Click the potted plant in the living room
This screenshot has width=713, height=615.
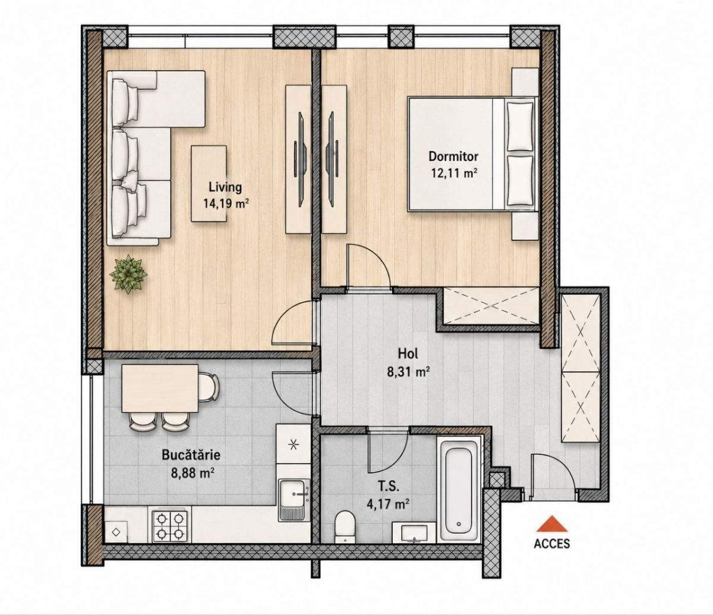pyautogui.click(x=128, y=274)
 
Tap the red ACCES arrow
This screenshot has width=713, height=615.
pyautogui.click(x=551, y=523)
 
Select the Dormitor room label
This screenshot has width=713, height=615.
pyautogui.click(x=453, y=156)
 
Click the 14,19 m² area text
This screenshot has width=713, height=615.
pyautogui.click(x=226, y=203)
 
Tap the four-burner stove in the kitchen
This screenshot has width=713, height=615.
pyautogui.click(x=170, y=526)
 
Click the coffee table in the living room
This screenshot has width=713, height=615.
pyautogui.click(x=209, y=183)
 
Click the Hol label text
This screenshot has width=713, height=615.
pyautogui.click(x=408, y=354)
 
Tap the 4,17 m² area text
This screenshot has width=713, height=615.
pyautogui.click(x=388, y=504)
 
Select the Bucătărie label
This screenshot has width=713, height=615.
pyautogui.click(x=191, y=454)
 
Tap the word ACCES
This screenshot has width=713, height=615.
pyautogui.click(x=551, y=544)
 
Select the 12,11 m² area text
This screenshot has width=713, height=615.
pyautogui.click(x=453, y=172)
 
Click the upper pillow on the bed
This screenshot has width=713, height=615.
pyautogui.click(x=520, y=126)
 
